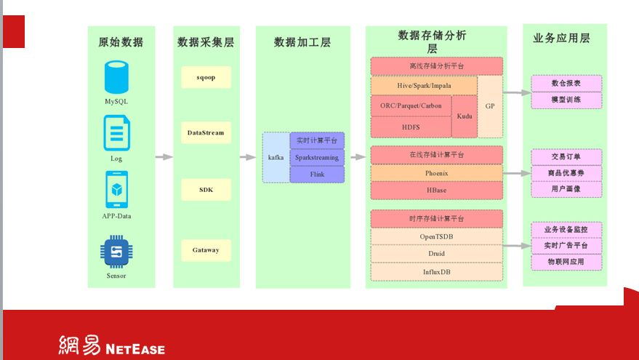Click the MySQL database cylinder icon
click(116, 78)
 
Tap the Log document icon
click(116, 135)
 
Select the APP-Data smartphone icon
click(116, 190)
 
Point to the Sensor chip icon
click(116, 252)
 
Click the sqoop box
click(206, 77)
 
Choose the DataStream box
click(206, 133)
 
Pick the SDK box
click(206, 190)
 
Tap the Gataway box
click(206, 250)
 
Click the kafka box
click(276, 157)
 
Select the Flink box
click(317, 175)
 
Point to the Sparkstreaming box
click(317, 157)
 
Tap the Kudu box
click(464, 116)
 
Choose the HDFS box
click(411, 127)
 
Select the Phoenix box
click(437, 173)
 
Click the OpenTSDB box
click(437, 236)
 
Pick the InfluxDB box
click(437, 272)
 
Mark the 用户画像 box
click(566, 189)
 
